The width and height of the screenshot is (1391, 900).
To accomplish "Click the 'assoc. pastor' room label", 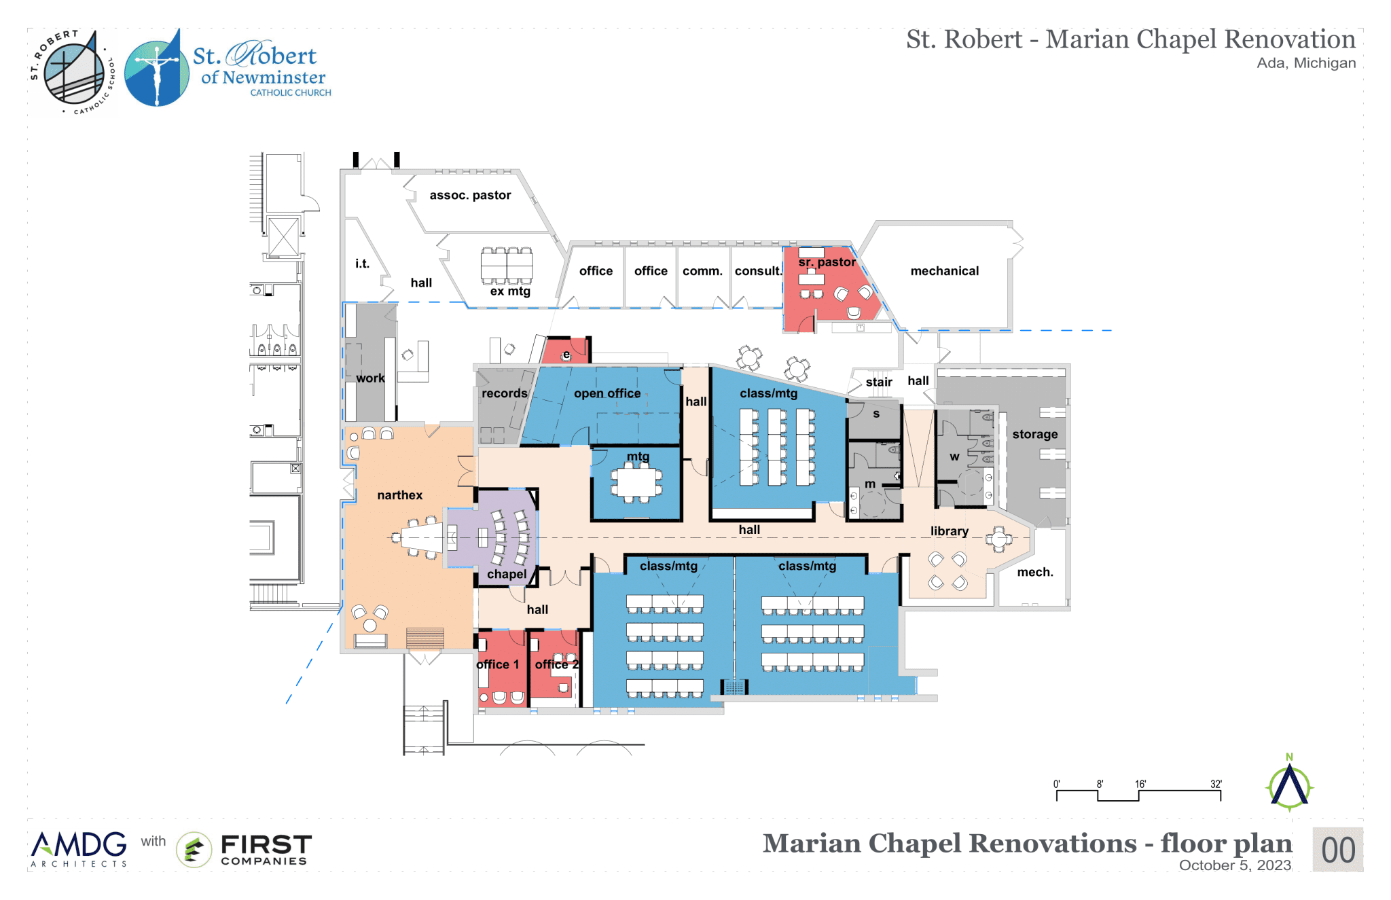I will coord(470,196).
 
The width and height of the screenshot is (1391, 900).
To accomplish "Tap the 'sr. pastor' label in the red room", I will coord(827,262).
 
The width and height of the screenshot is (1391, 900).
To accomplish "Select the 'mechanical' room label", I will coord(944,271).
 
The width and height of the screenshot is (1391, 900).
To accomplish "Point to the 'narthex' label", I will coord(399,495).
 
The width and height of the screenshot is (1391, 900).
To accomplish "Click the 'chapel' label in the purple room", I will coord(507,574).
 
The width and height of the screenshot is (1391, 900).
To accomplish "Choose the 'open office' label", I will coord(607,393).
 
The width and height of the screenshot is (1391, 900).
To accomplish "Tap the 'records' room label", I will coord(504,393).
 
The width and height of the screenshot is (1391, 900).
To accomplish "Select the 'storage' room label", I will coord(1034,434).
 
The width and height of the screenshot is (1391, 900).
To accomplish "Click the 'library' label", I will coord(949,531).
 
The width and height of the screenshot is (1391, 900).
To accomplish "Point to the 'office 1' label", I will coord(498,664).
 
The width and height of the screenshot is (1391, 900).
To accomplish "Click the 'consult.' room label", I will coord(758,271).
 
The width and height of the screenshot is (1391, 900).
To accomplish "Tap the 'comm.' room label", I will coord(702,271).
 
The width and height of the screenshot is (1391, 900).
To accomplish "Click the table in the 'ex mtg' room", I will coord(507,266).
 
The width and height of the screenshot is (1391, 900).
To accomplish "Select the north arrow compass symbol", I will coord(1289,786).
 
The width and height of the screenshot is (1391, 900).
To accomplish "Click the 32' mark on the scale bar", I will coord(1216,785).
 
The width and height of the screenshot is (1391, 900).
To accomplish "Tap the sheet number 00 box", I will coord(1337,850).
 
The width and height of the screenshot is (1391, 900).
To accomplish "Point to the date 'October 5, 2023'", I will coord(1234,865).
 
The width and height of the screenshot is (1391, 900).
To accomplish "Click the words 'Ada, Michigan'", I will coord(1305,63).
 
